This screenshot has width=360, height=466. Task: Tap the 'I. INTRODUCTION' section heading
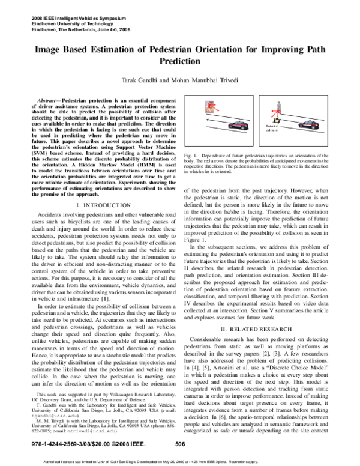coord(100,205)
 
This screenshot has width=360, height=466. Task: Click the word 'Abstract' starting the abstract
coord(49,97)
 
